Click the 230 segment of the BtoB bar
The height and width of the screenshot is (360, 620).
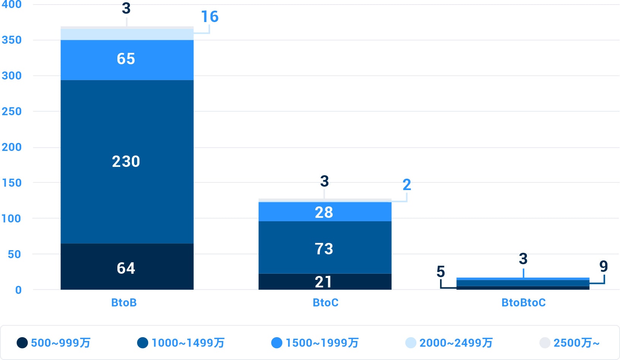coord(127,162)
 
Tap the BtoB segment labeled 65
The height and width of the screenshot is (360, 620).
coord(127,59)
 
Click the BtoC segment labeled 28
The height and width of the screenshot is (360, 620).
coord(324,212)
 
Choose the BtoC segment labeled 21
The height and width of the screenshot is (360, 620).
coord(324,282)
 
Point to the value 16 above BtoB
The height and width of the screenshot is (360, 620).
coord(210,17)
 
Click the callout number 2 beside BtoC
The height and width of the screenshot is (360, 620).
coord(407,185)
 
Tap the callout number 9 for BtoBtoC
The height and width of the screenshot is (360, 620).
coord(603,266)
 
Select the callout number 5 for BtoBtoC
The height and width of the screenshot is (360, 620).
coord(441,272)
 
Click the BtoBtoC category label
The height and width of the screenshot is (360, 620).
coord(524,303)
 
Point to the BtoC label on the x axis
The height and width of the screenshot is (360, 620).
coord(326,303)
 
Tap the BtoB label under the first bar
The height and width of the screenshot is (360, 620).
coord(124,303)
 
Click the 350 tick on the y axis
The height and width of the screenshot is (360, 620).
coord(12,40)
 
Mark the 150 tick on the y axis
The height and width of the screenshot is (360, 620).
coord(12,183)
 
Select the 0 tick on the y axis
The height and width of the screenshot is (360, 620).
coord(18,290)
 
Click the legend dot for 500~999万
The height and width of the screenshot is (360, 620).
coord(22,343)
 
